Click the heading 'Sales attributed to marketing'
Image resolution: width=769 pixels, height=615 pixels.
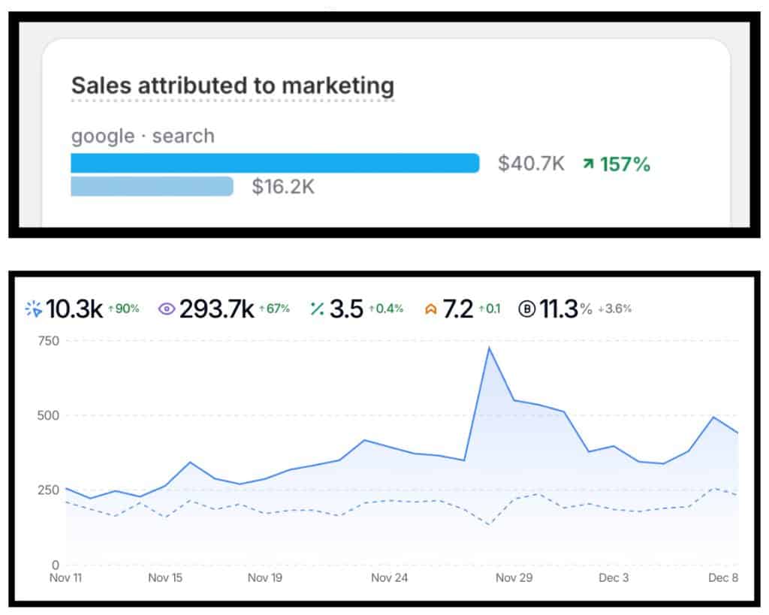coord(232,85)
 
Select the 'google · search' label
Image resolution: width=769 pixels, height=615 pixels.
coord(143,136)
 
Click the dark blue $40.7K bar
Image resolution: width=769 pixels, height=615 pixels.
coord(275,163)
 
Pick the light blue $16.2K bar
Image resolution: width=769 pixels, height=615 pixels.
coord(152,186)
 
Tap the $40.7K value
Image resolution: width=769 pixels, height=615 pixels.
coord(531,164)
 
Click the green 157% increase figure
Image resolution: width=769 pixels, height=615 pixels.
coord(617,164)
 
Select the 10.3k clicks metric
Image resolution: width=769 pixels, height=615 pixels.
coord(74,309)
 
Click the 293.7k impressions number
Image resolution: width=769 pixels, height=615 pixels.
coord(216,309)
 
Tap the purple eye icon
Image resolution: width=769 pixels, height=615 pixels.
coord(167,309)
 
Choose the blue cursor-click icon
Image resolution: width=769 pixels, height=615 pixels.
coord(34,309)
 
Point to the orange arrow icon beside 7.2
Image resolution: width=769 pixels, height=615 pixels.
coord(430,309)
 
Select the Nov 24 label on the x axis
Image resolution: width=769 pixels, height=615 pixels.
coord(389,578)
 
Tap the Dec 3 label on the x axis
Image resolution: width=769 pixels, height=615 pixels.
coord(614,578)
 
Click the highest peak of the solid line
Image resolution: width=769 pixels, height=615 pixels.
coord(489,348)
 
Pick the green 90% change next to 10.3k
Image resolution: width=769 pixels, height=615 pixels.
coord(124,309)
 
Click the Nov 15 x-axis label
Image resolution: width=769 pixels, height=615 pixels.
coord(165,578)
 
